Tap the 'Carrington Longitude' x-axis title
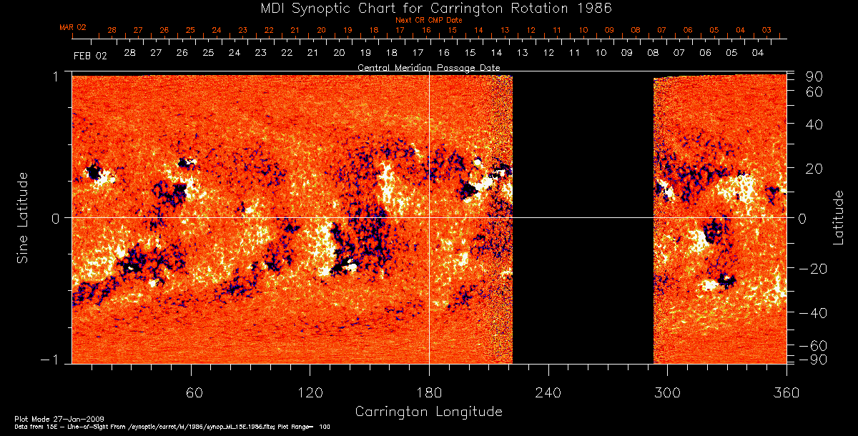428,412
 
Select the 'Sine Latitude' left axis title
22,217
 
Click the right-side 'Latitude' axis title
838,217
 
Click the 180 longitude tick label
429,392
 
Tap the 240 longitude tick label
548,392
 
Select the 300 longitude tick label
667,392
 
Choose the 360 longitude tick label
786,392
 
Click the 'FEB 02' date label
90,55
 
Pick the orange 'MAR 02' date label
73,27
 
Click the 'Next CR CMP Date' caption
429,20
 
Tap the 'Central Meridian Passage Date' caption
428,67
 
